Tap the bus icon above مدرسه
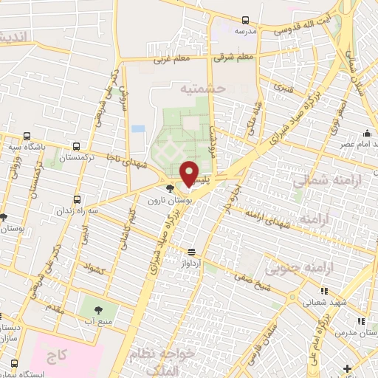tap(244, 20)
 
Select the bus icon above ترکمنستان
tap(77, 146)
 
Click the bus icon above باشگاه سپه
tap(27, 136)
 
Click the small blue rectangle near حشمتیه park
tap(138, 129)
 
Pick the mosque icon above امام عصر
tap(367, 134)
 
